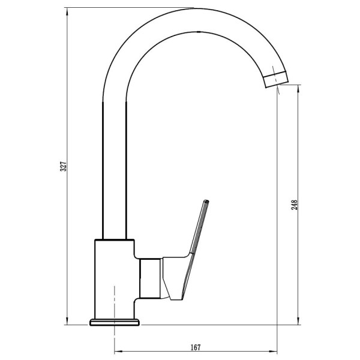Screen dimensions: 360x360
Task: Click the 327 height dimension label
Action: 63,166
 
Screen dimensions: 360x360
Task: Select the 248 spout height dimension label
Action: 294,205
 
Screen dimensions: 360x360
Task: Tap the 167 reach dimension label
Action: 196,347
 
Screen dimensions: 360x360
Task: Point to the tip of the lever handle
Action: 206,201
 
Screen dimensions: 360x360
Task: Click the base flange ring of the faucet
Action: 115,322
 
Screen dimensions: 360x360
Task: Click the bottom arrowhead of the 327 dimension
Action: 67,322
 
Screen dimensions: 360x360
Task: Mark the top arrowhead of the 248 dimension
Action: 298,88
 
